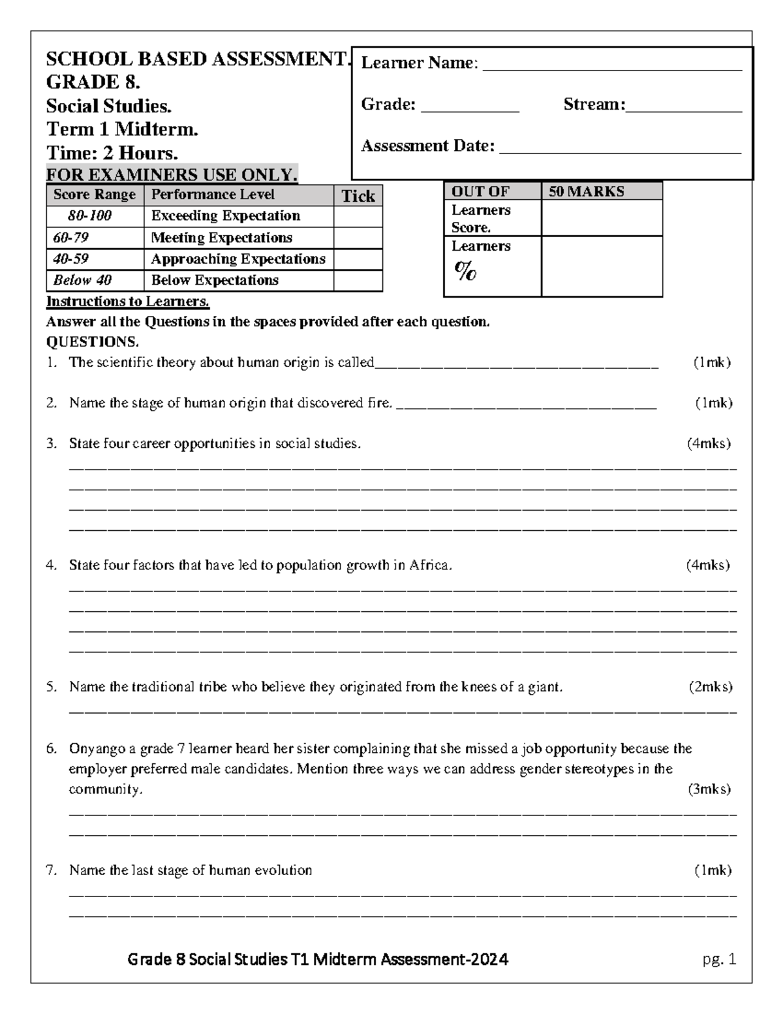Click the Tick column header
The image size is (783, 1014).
click(358, 197)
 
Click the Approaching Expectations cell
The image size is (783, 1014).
click(238, 259)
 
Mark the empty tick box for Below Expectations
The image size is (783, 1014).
click(358, 281)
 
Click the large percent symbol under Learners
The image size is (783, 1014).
click(465, 270)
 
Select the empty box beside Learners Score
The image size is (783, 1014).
click(601, 218)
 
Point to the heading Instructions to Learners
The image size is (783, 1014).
click(128, 302)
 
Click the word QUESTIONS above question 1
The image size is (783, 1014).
click(92, 342)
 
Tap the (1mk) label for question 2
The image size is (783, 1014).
click(713, 403)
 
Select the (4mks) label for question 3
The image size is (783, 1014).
click(708, 444)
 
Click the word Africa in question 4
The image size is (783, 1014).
click(430, 565)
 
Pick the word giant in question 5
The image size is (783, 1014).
click(546, 687)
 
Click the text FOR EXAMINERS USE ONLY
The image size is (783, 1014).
click(172, 175)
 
